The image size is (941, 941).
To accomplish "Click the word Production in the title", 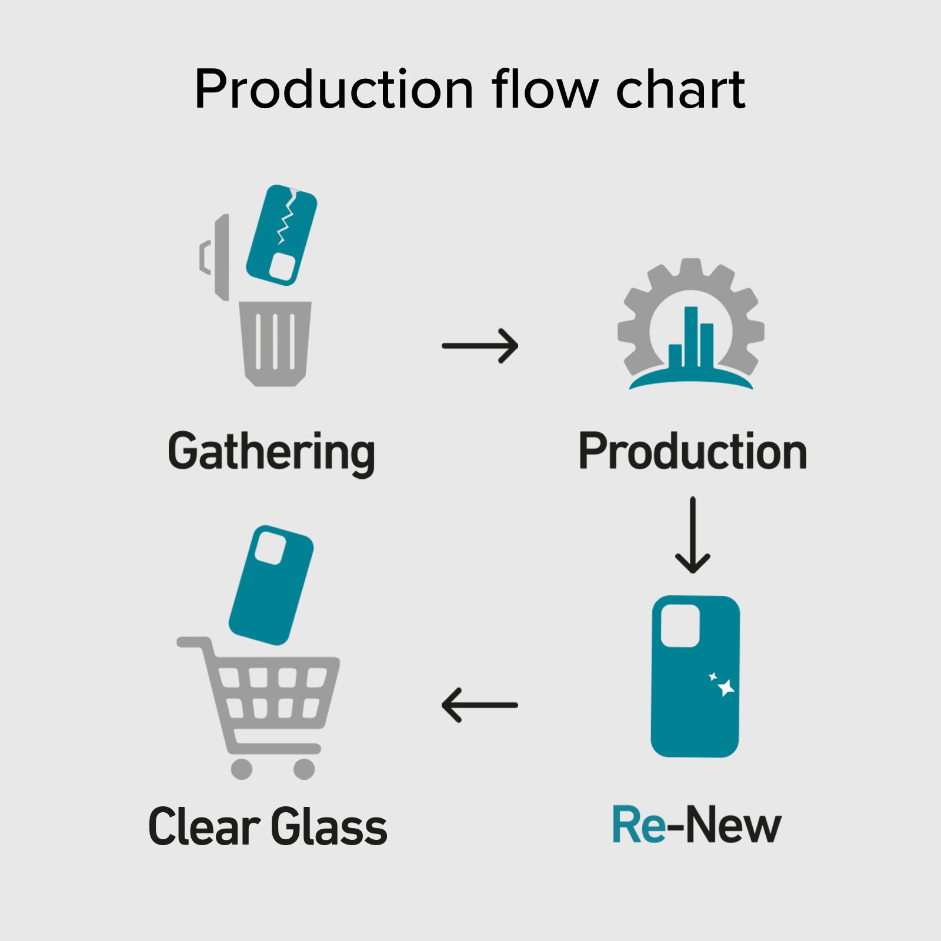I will (333, 89).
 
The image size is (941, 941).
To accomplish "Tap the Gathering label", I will (271, 452).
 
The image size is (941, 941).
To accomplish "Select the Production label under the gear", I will (692, 452).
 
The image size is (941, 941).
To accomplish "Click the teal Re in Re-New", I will (639, 825).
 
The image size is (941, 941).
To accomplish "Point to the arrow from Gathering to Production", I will (479, 346).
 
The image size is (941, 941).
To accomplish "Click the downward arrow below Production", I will (693, 535).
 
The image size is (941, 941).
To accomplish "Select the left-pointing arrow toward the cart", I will (479, 705).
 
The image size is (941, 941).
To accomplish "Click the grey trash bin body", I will (275, 344).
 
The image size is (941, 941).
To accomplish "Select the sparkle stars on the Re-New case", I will (723, 685).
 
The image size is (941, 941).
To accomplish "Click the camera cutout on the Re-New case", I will (680, 626).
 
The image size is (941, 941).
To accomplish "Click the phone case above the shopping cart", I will (271, 585).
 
